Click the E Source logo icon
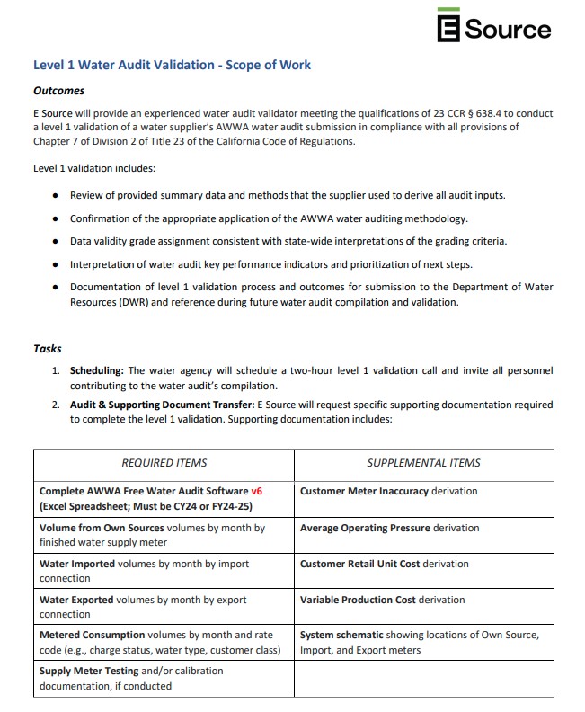pyautogui.click(x=450, y=26)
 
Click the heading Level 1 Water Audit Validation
pyautogui.click(x=172, y=65)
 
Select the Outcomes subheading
pyautogui.click(x=58, y=91)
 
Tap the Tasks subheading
pyautogui.click(x=47, y=349)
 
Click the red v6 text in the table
pyautogui.click(x=257, y=492)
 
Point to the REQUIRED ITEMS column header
pyautogui.click(x=164, y=463)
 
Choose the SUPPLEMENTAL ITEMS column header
pyautogui.click(x=423, y=463)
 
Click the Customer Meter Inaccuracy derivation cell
pyautogui.click(x=388, y=492)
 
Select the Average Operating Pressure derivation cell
pyautogui.click(x=389, y=528)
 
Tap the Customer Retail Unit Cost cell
pyautogui.click(x=384, y=564)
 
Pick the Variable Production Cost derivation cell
pyautogui.click(x=382, y=600)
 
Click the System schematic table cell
pyautogui.click(x=419, y=643)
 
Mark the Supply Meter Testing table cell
pyautogui.click(x=131, y=678)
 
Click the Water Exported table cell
pyautogui.click(x=143, y=607)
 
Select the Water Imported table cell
pyautogui.click(x=144, y=571)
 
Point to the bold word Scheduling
pyautogui.click(x=97, y=370)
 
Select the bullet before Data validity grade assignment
pyautogui.click(x=56, y=242)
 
